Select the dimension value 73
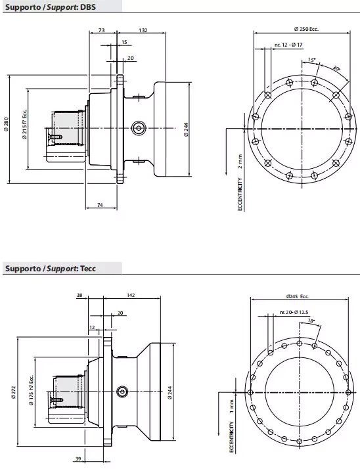click(x=101, y=30)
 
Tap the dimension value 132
click(x=143, y=30)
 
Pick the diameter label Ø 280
click(x=6, y=126)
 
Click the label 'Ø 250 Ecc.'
click(x=305, y=29)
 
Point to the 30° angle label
click(x=336, y=68)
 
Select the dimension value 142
click(x=131, y=296)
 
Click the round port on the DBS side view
click(x=138, y=127)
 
